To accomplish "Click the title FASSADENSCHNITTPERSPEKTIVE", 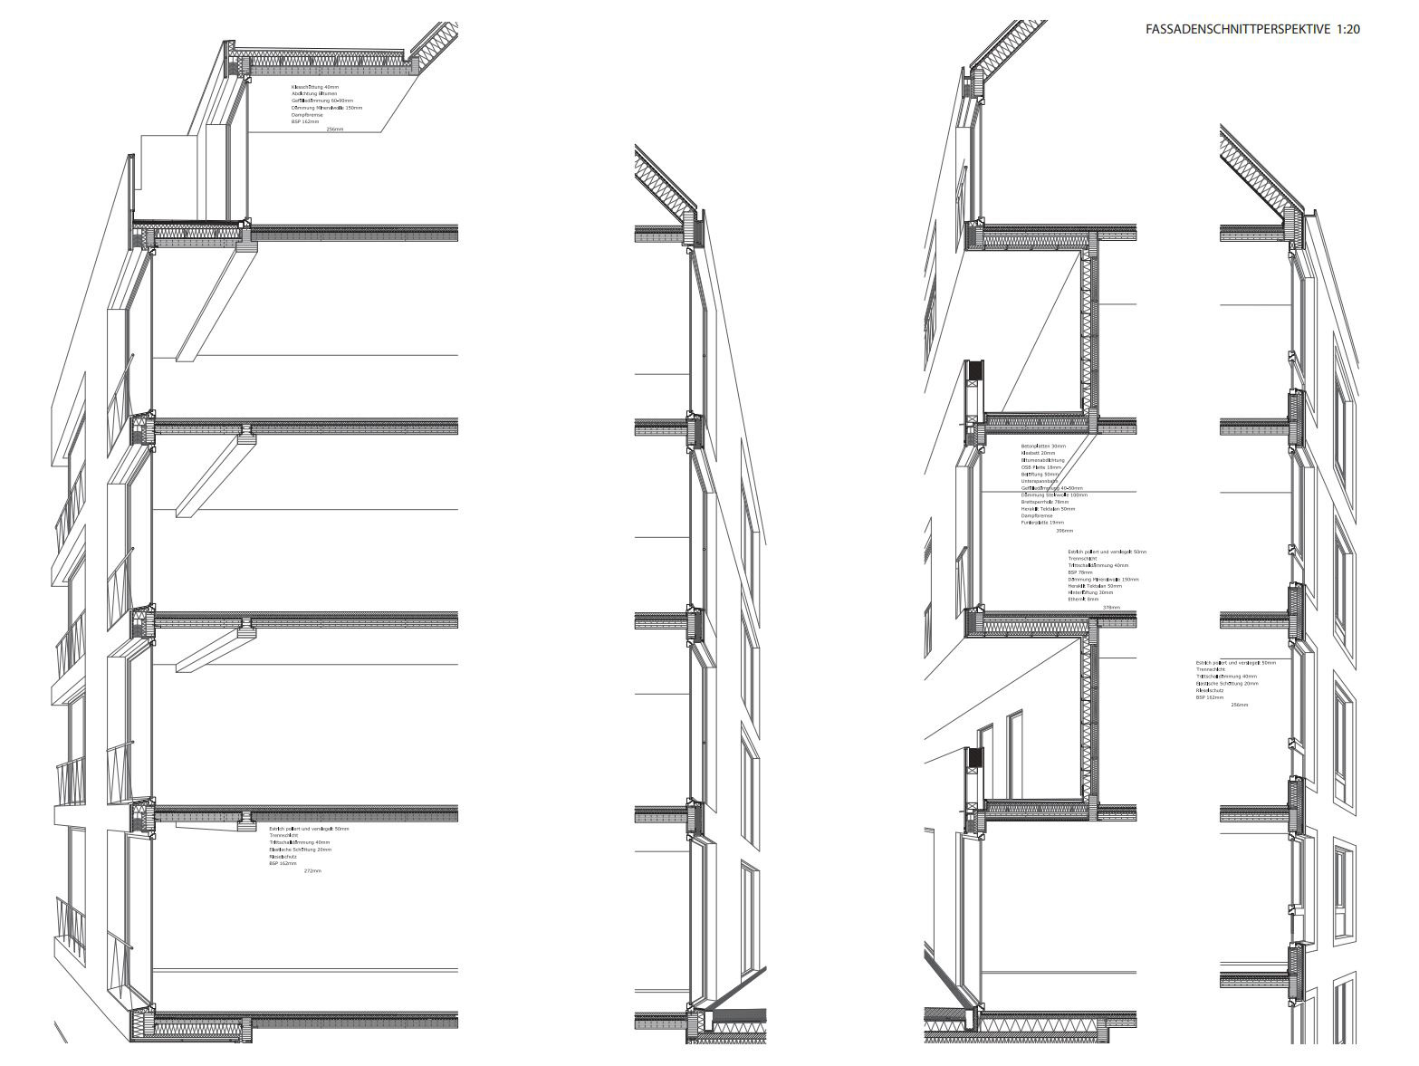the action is tap(1237, 29).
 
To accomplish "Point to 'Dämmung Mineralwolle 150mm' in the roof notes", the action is tap(326, 108).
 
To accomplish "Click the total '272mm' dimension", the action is tap(312, 871).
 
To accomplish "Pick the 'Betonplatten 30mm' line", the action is tap(1043, 447).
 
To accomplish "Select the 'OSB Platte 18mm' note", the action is tap(1042, 467).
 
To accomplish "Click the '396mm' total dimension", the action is tap(1064, 531).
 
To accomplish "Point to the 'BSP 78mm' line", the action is tap(1080, 572).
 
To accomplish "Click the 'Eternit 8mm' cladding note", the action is tap(1083, 600).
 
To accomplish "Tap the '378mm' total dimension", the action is tap(1111, 608).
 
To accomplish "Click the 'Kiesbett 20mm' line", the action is tap(1039, 454).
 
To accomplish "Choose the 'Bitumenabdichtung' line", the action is tap(1043, 460).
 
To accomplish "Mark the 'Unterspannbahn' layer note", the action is tap(1040, 481).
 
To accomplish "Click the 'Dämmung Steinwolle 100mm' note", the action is tap(1054, 495).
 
